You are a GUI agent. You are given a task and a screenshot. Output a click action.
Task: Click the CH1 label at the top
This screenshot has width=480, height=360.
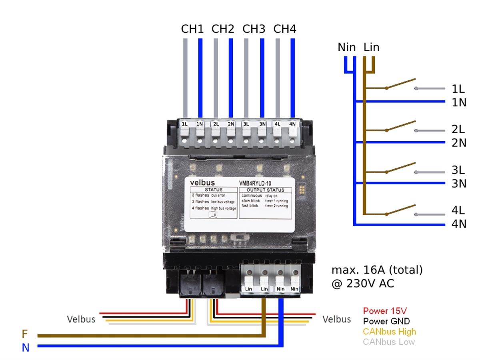192,29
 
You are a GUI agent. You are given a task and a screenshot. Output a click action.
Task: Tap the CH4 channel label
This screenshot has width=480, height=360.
285,29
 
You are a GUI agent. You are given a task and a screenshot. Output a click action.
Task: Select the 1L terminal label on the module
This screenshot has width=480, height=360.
185,124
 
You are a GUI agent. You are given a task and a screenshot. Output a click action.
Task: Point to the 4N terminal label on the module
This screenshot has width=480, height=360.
292,124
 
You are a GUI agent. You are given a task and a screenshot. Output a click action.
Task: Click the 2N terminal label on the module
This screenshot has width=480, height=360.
231,124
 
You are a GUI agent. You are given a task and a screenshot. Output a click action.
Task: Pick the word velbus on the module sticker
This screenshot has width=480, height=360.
202,182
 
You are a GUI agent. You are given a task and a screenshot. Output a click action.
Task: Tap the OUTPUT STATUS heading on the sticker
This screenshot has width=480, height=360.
266,190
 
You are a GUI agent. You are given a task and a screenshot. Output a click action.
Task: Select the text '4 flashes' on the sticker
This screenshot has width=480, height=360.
200,208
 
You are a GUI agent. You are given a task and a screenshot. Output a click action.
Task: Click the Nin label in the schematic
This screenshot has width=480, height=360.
346,47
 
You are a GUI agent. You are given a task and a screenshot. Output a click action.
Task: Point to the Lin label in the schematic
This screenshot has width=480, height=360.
371,47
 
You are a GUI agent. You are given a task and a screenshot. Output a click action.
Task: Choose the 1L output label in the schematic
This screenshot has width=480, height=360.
458,89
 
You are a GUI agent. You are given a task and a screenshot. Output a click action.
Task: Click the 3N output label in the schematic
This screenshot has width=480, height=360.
459,183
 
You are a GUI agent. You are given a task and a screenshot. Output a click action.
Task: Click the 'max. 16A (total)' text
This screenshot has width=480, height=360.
377,270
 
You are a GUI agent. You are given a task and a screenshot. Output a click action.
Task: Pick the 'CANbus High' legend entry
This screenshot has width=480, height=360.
389,332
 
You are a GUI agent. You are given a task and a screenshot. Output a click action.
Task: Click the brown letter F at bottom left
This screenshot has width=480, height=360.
25,334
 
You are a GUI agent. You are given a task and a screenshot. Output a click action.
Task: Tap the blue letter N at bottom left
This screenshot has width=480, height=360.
26,348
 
